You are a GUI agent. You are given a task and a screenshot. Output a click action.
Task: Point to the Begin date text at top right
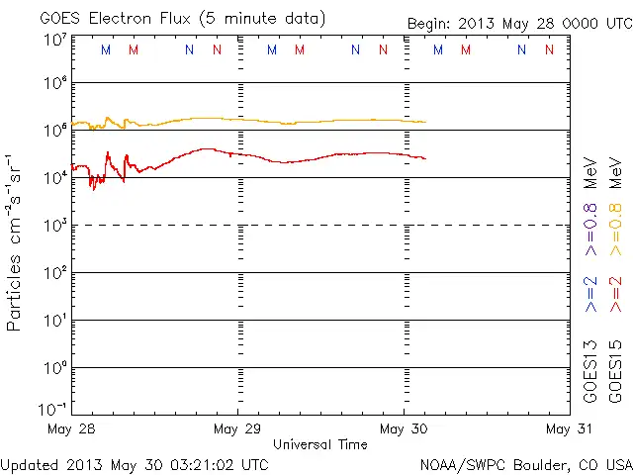519,24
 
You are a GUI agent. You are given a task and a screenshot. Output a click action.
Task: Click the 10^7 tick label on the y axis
54,40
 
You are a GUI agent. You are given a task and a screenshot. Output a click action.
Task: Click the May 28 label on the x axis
71,428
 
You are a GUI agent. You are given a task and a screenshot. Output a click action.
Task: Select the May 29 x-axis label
237,428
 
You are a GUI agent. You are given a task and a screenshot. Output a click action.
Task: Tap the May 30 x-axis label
404,428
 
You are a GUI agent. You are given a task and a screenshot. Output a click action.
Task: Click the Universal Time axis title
320,444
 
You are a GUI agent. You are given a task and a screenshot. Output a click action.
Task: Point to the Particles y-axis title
15,242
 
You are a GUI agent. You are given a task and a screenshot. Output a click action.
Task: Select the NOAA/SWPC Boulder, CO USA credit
525,463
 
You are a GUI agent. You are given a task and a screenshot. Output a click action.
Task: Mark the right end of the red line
425,158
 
